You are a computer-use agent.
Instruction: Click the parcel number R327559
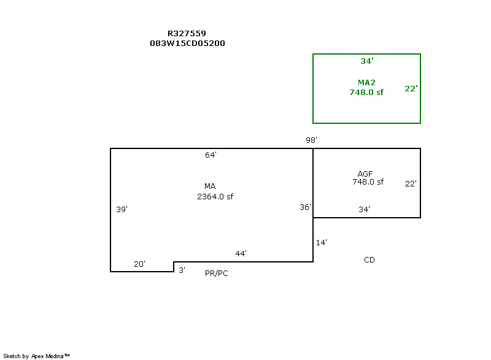pyautogui.click(x=187, y=34)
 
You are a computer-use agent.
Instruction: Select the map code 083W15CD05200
pyautogui.click(x=187, y=43)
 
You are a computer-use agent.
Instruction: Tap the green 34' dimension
pyautogui.click(x=366, y=61)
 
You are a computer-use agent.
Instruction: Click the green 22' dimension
pyautogui.click(x=411, y=88)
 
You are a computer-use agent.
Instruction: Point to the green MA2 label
pyautogui.click(x=366, y=82)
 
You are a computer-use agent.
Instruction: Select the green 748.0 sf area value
pyautogui.click(x=366, y=92)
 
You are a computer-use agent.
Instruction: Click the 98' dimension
pyautogui.click(x=311, y=140)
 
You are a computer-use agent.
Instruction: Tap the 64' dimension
pyautogui.click(x=211, y=155)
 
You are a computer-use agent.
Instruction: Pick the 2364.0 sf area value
pyautogui.click(x=215, y=196)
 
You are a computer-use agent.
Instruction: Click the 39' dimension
pyautogui.click(x=122, y=209)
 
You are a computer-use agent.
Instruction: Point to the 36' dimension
pyautogui.click(x=305, y=207)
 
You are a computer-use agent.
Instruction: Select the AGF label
pyautogui.click(x=365, y=174)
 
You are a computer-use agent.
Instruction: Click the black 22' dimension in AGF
pyautogui.click(x=411, y=183)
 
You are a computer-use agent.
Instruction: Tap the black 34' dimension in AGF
pyautogui.click(x=364, y=209)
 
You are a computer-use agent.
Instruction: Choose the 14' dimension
pyautogui.click(x=321, y=243)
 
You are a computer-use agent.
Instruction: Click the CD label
pyautogui.click(x=369, y=260)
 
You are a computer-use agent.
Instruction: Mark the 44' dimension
pyautogui.click(x=241, y=253)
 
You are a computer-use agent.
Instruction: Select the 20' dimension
pyautogui.click(x=139, y=264)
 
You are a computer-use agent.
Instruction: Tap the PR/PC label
pyautogui.click(x=217, y=274)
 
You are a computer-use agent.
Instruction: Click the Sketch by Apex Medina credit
pyautogui.click(x=36, y=356)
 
